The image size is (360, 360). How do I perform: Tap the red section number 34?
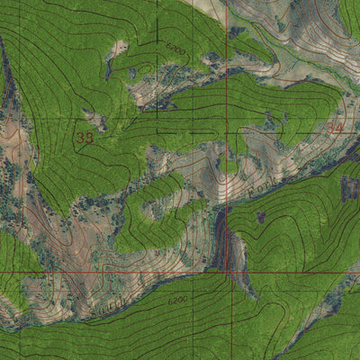(x=335, y=129)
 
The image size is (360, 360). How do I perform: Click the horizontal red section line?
(x=108, y=271)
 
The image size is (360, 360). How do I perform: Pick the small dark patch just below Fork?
(x=261, y=216)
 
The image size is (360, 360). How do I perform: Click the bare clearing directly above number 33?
(x=92, y=117)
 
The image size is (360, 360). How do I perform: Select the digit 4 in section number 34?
(x=339, y=129)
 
